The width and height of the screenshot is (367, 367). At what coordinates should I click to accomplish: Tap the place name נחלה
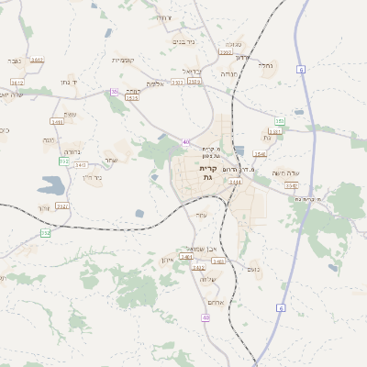coord(267,65)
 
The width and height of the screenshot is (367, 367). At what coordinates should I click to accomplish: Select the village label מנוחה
coord(228,73)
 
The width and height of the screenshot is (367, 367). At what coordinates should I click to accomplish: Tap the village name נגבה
coord(15,61)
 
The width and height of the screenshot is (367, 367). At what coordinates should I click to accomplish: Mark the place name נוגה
coord(50,139)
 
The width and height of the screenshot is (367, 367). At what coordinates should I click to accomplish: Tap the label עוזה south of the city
coord(202,215)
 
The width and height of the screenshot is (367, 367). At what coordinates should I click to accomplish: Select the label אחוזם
coord(216,302)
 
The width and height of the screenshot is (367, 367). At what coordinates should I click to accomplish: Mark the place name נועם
coord(254,268)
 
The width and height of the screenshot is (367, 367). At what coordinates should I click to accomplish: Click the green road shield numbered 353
coord(280,121)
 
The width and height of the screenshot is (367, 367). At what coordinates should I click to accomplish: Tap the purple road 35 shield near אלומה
coord(115,92)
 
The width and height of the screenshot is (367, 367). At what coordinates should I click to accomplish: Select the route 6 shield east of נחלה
coord(301,69)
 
